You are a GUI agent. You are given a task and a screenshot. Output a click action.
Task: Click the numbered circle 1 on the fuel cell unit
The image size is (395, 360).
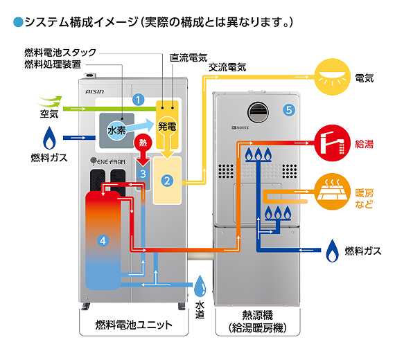(139, 100)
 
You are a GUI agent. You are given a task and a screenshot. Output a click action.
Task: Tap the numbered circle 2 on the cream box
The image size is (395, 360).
(166, 181)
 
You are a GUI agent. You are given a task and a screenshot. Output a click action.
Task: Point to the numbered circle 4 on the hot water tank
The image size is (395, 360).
(103, 241)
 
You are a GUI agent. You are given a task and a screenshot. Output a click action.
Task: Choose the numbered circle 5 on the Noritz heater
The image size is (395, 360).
(289, 109)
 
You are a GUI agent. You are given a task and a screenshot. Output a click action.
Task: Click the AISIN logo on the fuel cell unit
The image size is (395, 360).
(94, 90)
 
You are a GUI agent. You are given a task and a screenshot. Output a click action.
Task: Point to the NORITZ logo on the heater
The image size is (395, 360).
(237, 128)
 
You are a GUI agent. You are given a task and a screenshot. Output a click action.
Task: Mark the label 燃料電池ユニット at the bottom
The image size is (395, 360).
(128, 323)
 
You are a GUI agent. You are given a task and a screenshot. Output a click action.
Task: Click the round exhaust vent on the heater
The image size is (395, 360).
(258, 109)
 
